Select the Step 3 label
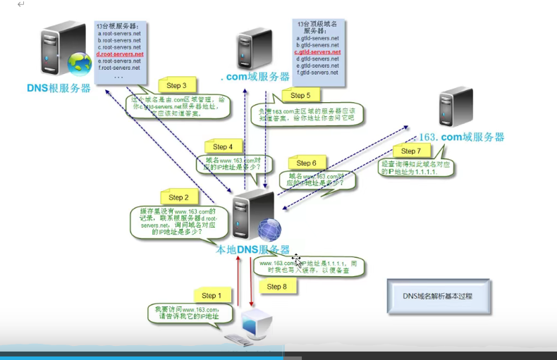click(177, 85)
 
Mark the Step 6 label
click(306, 163)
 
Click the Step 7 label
click(410, 151)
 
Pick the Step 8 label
click(277, 287)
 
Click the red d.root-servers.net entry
click(119, 54)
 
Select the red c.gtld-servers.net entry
click(317, 52)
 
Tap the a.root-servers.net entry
click(119, 33)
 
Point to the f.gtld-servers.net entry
click(317, 73)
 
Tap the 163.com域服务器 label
click(462, 137)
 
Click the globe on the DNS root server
click(78, 65)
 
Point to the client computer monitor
click(255, 323)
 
